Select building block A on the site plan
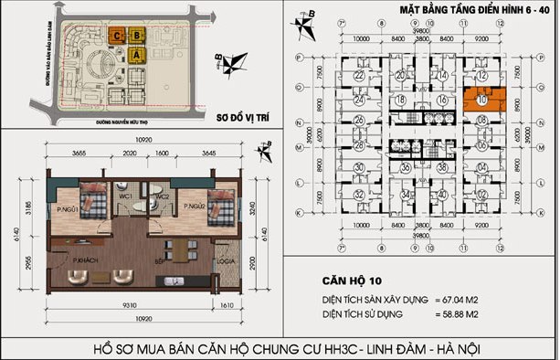(x=137, y=55)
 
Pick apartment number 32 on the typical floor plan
(x=359, y=195)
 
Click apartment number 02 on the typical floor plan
(x=481, y=195)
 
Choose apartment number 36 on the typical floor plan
(x=404, y=168)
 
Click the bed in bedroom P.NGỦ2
(x=216, y=206)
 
